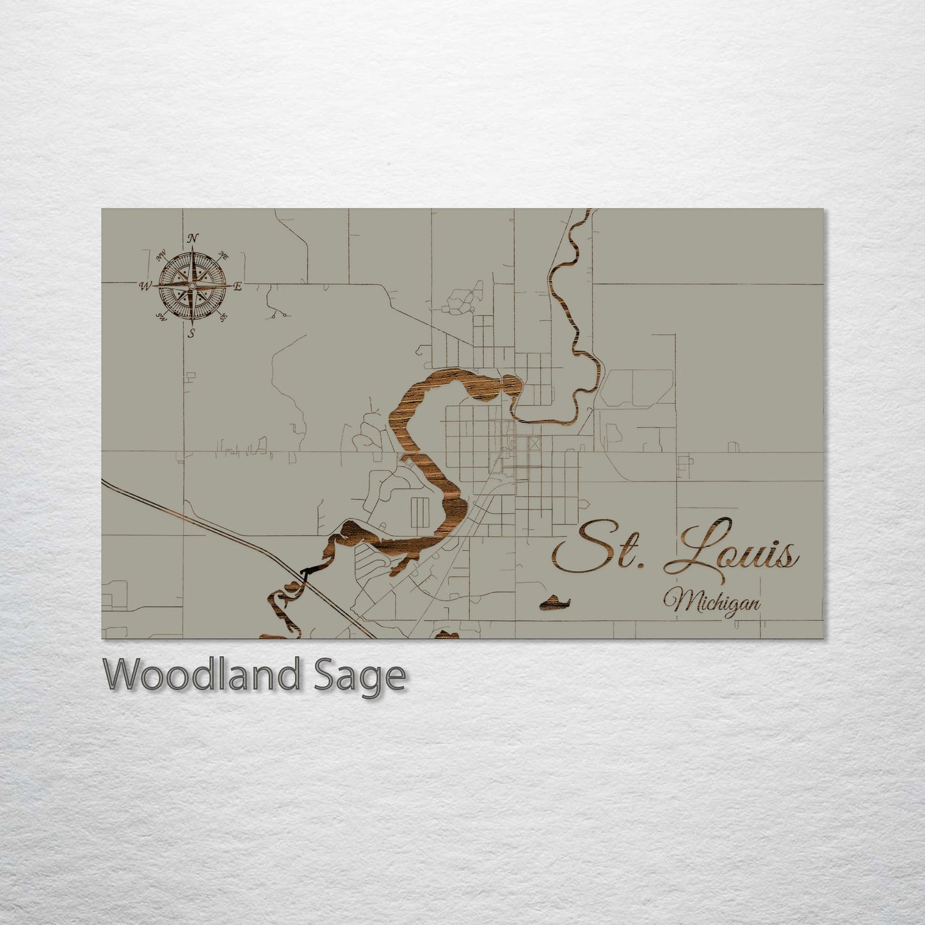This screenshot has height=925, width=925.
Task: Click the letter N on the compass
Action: [192, 239]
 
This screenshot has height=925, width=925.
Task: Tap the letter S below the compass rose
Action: [191, 332]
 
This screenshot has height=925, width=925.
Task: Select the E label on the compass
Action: [237, 287]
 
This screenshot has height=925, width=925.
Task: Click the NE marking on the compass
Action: [224, 255]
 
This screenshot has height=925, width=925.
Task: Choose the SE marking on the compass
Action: [223, 316]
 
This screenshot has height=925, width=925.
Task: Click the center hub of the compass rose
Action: [191, 286]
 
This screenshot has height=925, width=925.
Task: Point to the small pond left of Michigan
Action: [554, 602]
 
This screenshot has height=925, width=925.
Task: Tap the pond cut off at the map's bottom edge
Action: [447, 635]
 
